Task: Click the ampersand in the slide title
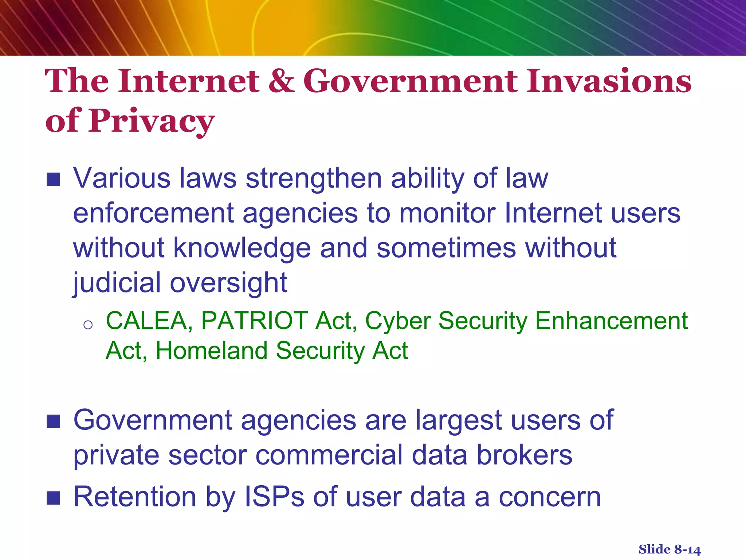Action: [x=281, y=81]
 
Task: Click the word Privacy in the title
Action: [x=152, y=121]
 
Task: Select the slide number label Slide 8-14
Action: [x=670, y=549]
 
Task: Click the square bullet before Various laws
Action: [x=54, y=179]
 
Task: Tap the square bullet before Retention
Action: [x=54, y=498]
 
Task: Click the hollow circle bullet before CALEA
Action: [x=88, y=324]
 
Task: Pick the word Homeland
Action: [x=211, y=351]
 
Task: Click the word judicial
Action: [x=117, y=283]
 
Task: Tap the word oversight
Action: [x=229, y=283]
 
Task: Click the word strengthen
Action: [x=314, y=179]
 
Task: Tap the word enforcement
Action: [x=153, y=213]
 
